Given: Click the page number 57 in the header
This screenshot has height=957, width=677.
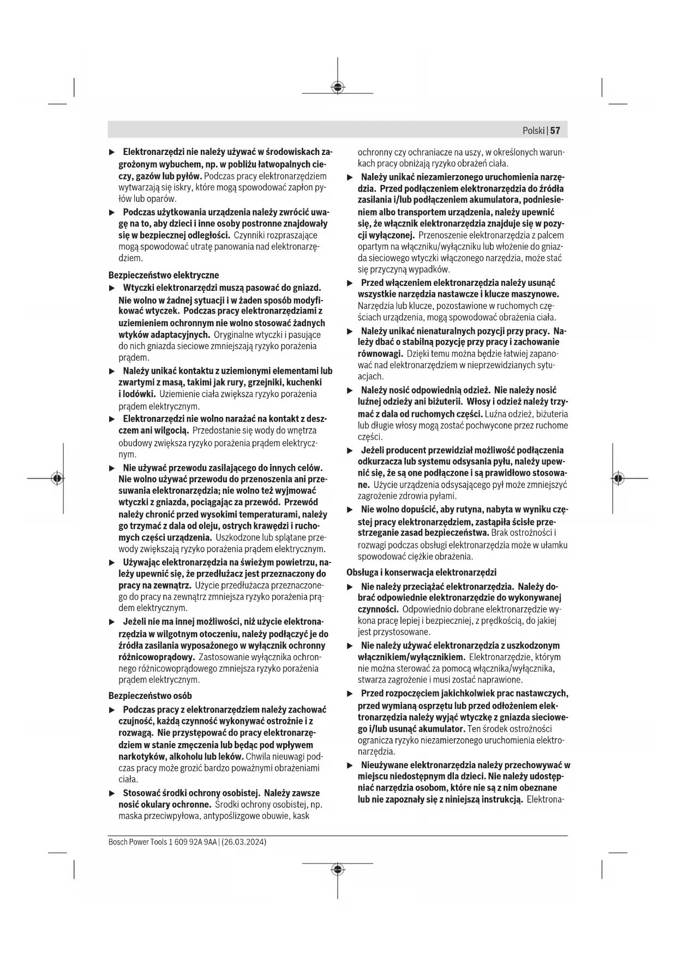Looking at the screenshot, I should (555, 130).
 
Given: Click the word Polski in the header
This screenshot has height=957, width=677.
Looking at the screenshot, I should (534, 130).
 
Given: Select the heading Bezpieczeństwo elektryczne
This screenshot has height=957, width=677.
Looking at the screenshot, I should (164, 275).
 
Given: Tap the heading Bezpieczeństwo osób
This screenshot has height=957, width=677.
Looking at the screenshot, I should (150, 696).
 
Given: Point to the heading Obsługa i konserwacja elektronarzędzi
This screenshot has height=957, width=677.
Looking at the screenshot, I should (422, 572).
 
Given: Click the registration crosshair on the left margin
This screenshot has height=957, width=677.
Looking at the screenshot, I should (57, 478).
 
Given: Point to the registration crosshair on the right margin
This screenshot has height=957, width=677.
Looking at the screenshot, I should (618, 478).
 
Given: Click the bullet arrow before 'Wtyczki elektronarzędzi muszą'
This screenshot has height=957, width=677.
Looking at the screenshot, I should (112, 288).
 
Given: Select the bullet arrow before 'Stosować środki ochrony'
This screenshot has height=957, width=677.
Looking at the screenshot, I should (112, 793).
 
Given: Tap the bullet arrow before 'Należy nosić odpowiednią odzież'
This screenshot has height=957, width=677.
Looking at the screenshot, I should (350, 391).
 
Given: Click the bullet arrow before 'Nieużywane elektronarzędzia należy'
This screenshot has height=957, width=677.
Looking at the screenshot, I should (350, 765).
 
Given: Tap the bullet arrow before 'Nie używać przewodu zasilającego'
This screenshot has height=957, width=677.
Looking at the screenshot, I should (112, 468).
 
